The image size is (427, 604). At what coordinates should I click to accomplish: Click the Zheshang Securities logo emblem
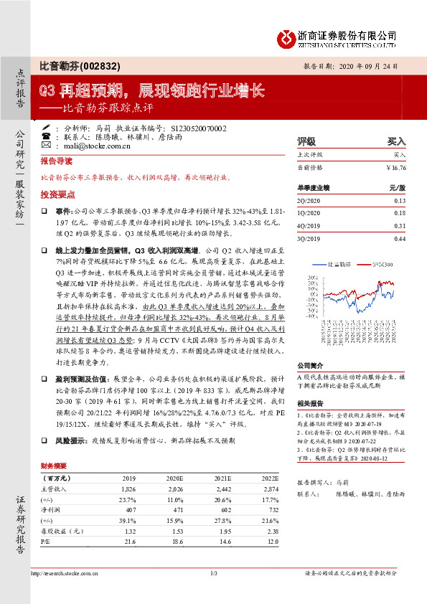coord(287,36)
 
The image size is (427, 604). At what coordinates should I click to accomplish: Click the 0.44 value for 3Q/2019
coord(400,237)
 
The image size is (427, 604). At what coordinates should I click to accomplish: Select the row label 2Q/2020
coord(308,201)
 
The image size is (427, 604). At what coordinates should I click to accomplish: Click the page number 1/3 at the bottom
coord(213,593)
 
